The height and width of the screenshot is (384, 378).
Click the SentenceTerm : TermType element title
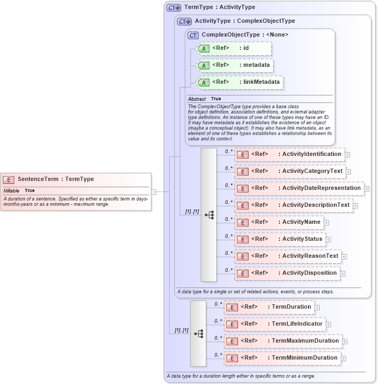click(56, 179)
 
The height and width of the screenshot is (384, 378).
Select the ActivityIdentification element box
click(290, 154)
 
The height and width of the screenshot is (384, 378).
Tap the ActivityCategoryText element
click(290, 171)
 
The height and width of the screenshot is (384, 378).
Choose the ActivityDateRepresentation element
click(299, 188)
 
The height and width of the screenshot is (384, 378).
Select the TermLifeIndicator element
click(274, 324)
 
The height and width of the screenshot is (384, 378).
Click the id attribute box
click(234, 48)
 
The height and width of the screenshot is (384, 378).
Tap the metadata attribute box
click(234, 65)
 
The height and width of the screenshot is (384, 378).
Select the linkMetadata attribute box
click(240, 82)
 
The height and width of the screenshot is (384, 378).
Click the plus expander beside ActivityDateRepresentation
click(367, 189)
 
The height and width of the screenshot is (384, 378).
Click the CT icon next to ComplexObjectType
click(193, 35)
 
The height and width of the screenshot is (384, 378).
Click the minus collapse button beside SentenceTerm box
click(154, 191)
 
